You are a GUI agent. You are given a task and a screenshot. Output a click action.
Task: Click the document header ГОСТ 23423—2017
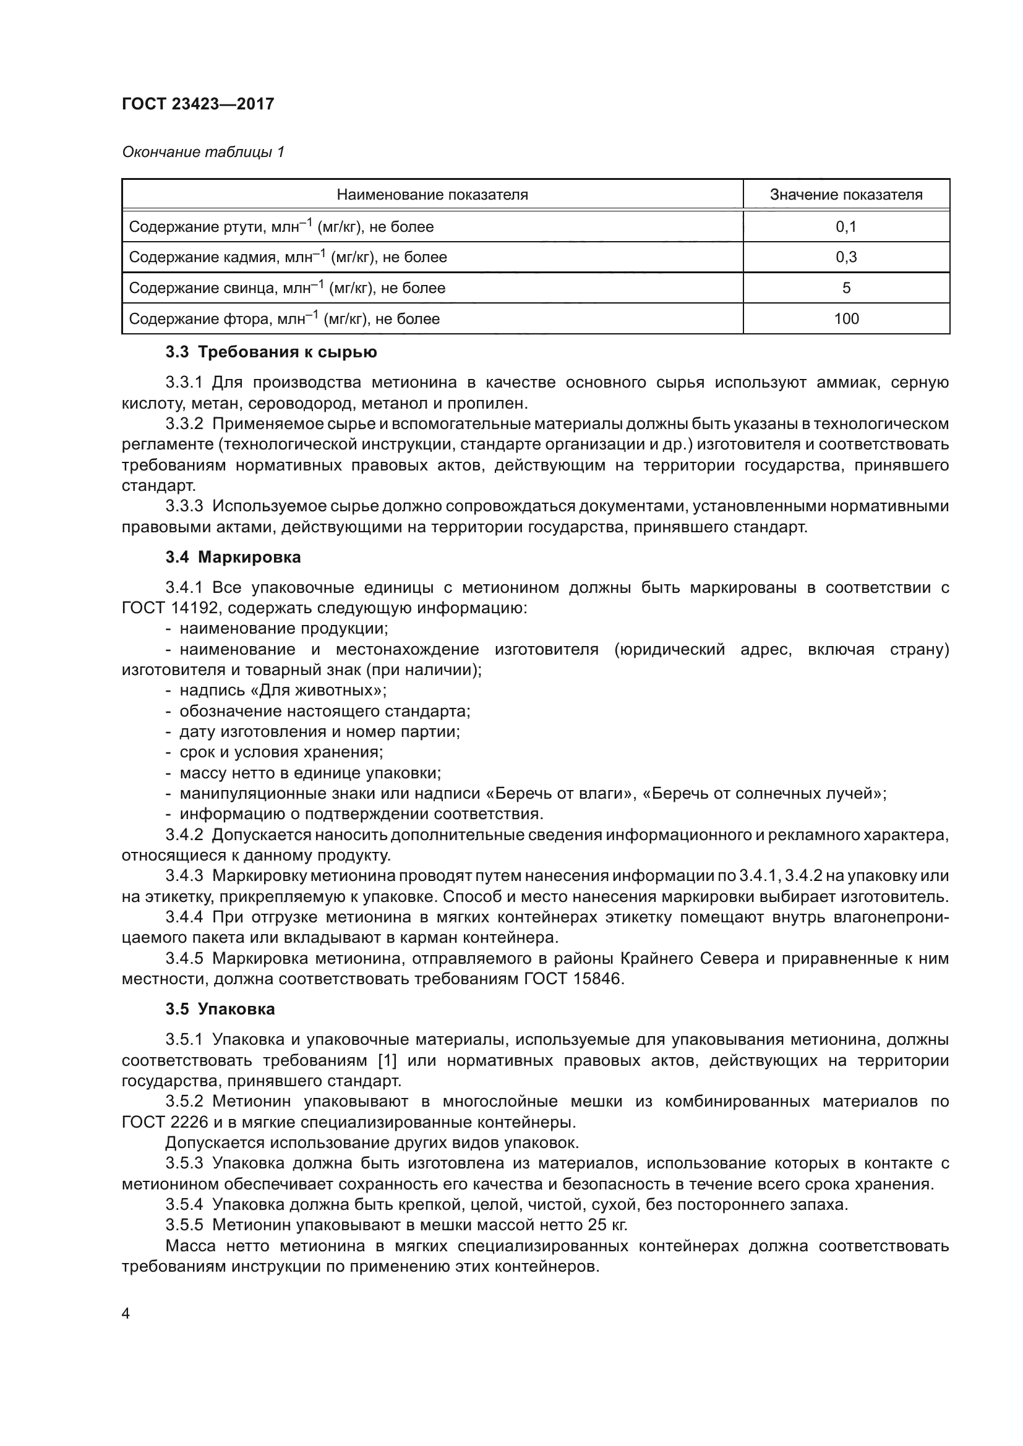[198, 104]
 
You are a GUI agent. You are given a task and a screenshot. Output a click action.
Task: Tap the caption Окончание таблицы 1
[203, 152]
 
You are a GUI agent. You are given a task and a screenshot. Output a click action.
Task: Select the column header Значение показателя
[845, 195]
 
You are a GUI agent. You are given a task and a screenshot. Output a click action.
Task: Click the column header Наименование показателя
[432, 195]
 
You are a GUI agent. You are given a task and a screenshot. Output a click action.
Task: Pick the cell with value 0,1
[845, 227]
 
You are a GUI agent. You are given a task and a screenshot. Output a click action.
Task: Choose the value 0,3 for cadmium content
[845, 257]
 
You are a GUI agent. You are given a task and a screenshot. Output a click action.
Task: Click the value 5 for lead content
[845, 288]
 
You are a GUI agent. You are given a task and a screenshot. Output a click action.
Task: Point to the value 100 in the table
[845, 318]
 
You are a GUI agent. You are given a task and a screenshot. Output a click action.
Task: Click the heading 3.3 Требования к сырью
[271, 352]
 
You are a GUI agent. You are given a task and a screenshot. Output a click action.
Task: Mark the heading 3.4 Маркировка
[233, 557]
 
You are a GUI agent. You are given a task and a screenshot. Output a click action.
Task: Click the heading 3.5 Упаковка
[220, 1009]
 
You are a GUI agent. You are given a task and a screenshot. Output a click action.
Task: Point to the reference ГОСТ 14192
[169, 608]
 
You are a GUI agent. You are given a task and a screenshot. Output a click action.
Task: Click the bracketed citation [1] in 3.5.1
[387, 1061]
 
